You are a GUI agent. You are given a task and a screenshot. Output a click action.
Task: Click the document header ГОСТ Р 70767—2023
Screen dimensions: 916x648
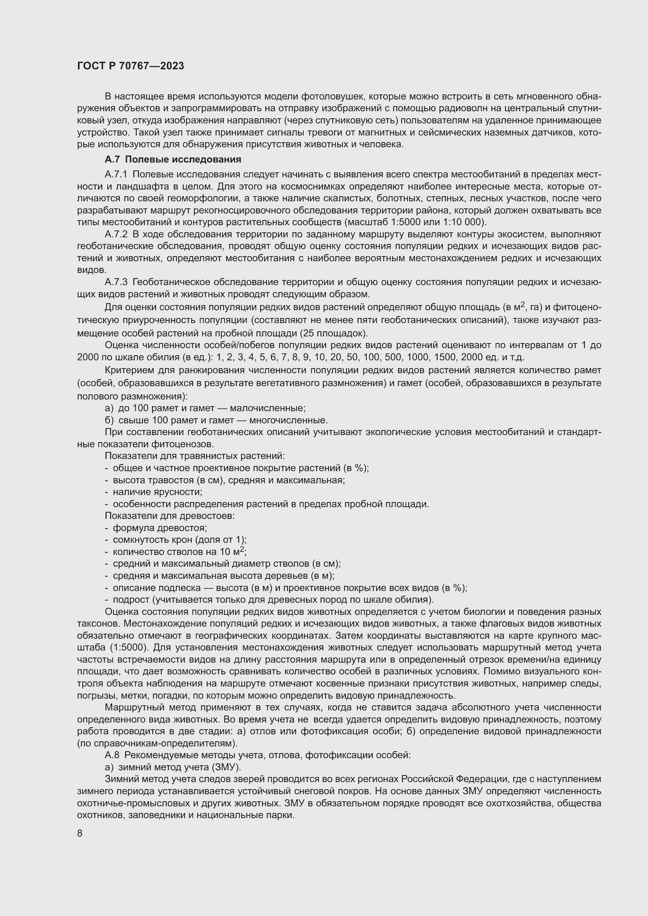click(x=130, y=66)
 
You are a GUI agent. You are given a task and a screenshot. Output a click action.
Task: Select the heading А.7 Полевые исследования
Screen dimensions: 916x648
click(x=173, y=159)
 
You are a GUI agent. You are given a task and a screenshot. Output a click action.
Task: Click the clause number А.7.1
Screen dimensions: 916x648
click(x=116, y=174)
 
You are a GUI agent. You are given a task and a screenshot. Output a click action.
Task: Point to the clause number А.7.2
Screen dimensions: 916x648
click(x=116, y=234)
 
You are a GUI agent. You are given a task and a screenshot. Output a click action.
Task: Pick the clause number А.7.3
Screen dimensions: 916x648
click(x=116, y=282)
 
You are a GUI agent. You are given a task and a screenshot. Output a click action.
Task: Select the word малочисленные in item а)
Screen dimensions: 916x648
click(x=267, y=408)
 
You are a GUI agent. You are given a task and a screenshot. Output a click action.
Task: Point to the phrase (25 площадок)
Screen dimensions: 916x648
click(x=333, y=333)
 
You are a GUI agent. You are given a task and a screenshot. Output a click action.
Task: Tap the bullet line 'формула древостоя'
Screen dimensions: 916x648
click(x=159, y=528)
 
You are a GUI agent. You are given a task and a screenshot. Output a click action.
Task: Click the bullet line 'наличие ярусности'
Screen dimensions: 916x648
click(x=157, y=492)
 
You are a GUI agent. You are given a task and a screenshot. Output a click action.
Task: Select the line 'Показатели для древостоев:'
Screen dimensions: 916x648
click(x=170, y=516)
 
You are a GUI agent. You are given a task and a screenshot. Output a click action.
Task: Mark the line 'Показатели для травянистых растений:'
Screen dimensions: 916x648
click(x=195, y=456)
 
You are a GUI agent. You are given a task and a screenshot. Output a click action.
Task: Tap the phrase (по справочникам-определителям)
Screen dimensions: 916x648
click(x=157, y=743)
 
